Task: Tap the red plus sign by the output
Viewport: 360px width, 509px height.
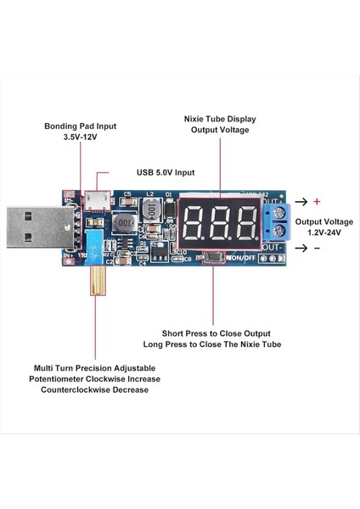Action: (317, 202)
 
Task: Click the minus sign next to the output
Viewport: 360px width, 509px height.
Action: (317, 248)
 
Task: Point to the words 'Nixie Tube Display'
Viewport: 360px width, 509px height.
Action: (219, 119)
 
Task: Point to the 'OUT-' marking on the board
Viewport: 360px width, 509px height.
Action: (271, 247)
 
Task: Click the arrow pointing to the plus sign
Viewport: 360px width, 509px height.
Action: (300, 202)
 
